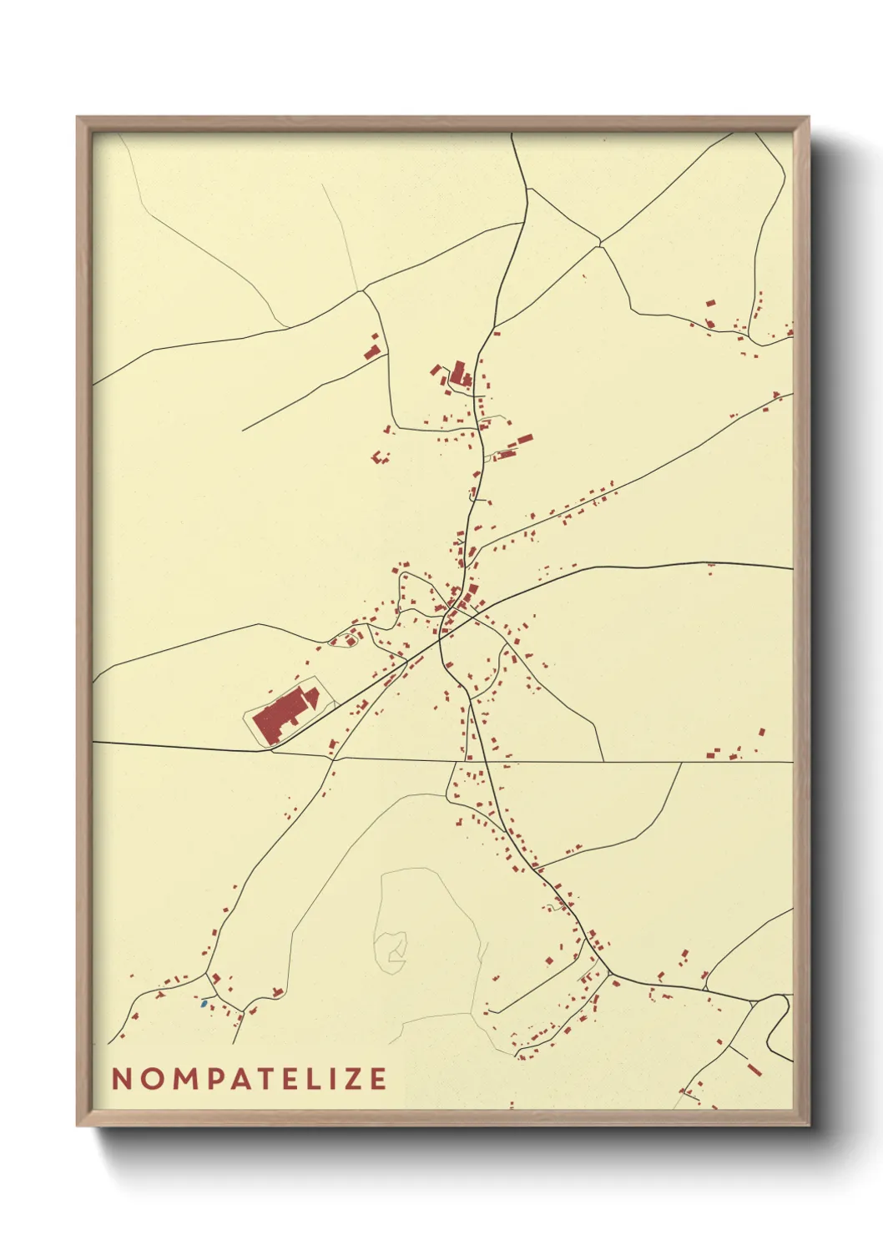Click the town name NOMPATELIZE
(x=249, y=1079)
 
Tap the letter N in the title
(x=121, y=1079)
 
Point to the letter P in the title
(x=204, y=1079)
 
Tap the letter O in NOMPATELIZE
(x=147, y=1079)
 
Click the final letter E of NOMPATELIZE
(x=378, y=1079)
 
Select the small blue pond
(x=204, y=1002)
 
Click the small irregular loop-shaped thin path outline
(x=391, y=949)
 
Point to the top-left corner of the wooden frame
(x=78, y=118)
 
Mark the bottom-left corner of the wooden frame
(x=78, y=1126)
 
